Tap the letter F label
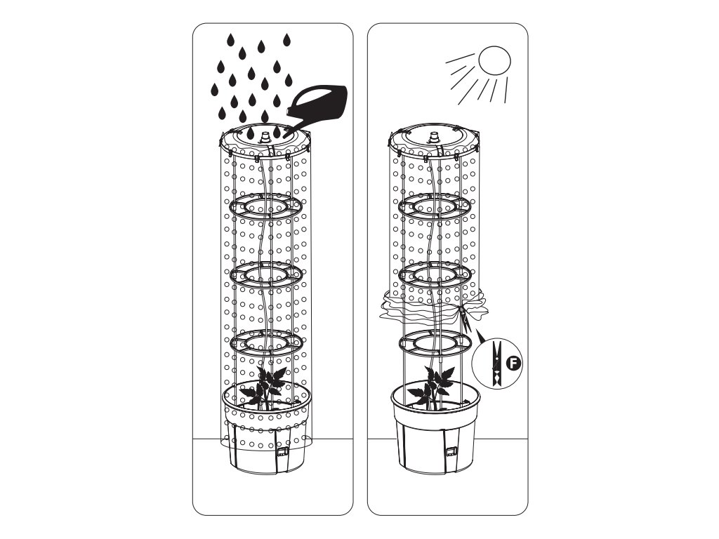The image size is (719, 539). [513, 364]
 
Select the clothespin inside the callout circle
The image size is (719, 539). [496, 363]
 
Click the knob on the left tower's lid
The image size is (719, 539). [265, 137]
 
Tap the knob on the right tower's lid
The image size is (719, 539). [434, 137]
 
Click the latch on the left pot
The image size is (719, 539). [281, 452]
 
